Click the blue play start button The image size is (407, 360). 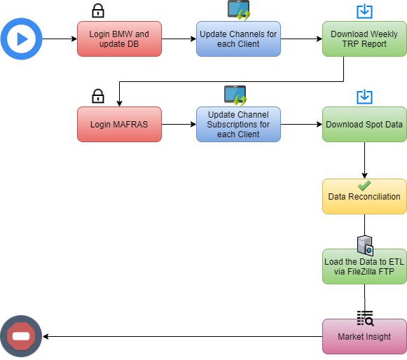click(21, 39)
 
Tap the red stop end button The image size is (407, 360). click(21, 336)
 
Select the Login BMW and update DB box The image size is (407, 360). click(119, 39)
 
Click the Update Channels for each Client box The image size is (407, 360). click(238, 39)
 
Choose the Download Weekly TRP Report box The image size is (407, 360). click(364, 39)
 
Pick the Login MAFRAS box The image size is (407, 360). click(119, 125)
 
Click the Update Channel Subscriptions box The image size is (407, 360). click(238, 125)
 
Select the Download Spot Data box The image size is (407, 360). click(364, 125)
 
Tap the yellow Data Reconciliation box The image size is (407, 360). click(364, 197)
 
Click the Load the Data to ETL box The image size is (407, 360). click(364, 267)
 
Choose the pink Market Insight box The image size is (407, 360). click(364, 337)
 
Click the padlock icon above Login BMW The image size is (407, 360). click(98, 11)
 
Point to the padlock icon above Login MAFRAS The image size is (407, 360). click(98, 96)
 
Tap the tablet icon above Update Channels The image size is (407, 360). click(239, 10)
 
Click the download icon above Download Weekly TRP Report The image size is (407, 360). click(364, 11)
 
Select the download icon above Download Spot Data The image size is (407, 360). click(364, 97)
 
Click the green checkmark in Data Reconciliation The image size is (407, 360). click(364, 186)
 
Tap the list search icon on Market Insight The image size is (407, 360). click(365, 318)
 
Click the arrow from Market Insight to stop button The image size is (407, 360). click(182, 337)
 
